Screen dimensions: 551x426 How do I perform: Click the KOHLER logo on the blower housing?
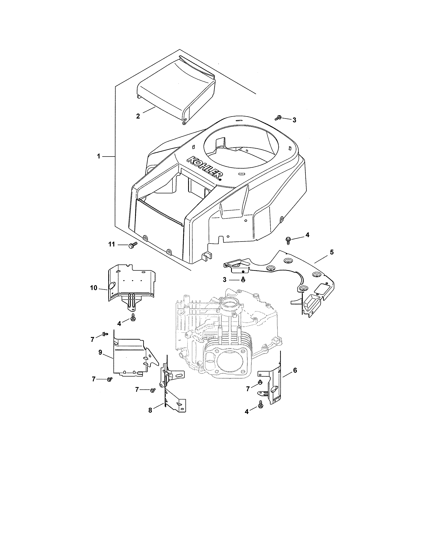pyautogui.click(x=205, y=168)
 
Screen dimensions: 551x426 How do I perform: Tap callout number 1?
pyautogui.click(x=99, y=156)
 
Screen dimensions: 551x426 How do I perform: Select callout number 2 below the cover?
pyautogui.click(x=138, y=116)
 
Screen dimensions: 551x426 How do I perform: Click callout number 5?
pyautogui.click(x=332, y=252)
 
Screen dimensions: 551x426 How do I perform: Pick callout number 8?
pyautogui.click(x=150, y=410)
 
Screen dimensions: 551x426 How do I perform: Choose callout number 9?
pyautogui.click(x=100, y=352)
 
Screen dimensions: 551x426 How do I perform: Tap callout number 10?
pyautogui.click(x=94, y=288)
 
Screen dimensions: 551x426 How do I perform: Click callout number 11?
pyautogui.click(x=112, y=244)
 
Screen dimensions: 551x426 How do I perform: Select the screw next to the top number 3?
pyautogui.click(x=278, y=117)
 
